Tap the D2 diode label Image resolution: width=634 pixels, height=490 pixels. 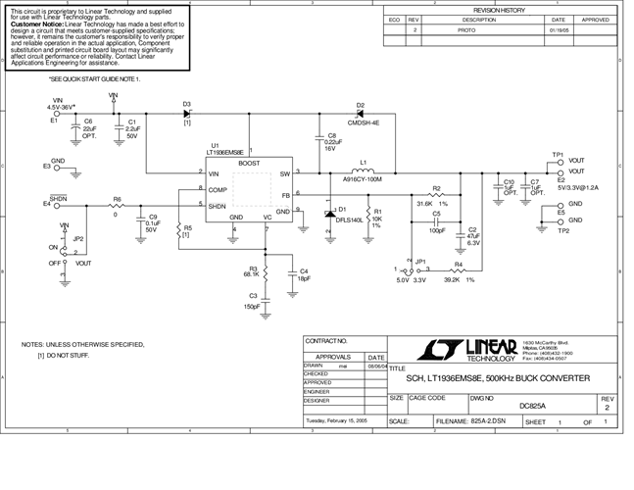click(x=360, y=105)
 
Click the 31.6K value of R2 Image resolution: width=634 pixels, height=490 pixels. click(x=423, y=203)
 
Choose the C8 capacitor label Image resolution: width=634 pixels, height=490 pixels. click(x=331, y=135)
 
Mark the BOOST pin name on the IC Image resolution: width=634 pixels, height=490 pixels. click(x=249, y=163)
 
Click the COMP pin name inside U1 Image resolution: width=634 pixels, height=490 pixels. click(x=218, y=188)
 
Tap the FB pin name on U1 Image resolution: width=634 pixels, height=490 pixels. click(x=285, y=195)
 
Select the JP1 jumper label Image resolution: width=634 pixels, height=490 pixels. click(x=421, y=262)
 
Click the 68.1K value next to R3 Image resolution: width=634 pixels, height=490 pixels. click(x=252, y=274)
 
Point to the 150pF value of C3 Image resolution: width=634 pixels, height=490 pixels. click(x=252, y=307)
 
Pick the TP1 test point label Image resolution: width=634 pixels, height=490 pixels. click(x=558, y=154)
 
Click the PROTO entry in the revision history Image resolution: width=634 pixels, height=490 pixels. click(x=465, y=30)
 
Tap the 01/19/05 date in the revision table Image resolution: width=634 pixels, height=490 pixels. click(x=559, y=30)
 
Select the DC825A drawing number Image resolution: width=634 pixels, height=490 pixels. click(x=506, y=405)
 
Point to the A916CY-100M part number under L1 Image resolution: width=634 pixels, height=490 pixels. click(x=362, y=180)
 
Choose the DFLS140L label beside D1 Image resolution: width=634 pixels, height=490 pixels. click(x=350, y=220)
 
